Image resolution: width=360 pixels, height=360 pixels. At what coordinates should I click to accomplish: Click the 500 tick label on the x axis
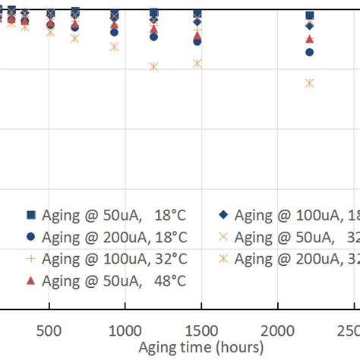[x=49, y=330]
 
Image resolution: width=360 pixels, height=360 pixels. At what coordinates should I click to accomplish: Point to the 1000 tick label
[x=124, y=330]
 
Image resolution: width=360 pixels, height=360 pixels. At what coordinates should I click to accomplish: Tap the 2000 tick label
[x=274, y=330]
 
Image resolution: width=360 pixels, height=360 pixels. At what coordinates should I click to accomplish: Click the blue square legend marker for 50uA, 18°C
[x=31, y=216]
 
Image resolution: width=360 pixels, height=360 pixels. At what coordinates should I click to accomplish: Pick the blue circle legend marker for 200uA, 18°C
[x=31, y=237]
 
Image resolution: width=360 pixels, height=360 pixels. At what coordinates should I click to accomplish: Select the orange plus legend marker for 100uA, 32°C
[x=31, y=259]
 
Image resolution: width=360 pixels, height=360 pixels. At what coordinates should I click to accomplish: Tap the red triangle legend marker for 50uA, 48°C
[x=31, y=280]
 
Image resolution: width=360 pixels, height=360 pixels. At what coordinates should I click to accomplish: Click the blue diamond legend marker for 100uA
[x=223, y=216]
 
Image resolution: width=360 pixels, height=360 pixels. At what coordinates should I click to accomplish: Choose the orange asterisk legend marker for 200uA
[x=223, y=259]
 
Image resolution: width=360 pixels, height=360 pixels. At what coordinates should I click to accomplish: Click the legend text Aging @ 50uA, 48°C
[x=114, y=280]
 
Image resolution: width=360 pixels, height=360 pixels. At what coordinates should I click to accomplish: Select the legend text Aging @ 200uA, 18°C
[x=114, y=237]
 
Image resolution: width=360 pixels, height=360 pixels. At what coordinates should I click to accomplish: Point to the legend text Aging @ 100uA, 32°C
[x=114, y=259]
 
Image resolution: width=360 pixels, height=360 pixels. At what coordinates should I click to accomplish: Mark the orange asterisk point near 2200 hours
[x=309, y=83]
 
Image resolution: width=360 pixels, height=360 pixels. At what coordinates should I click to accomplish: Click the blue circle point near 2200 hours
[x=309, y=52]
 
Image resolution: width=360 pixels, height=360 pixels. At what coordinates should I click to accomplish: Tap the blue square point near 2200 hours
[x=309, y=15]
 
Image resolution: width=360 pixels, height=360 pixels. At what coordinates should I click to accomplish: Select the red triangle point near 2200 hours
[x=309, y=39]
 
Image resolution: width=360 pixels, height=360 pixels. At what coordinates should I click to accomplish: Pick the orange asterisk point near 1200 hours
[x=154, y=67]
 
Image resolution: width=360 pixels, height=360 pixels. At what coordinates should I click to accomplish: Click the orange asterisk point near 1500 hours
[x=197, y=63]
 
